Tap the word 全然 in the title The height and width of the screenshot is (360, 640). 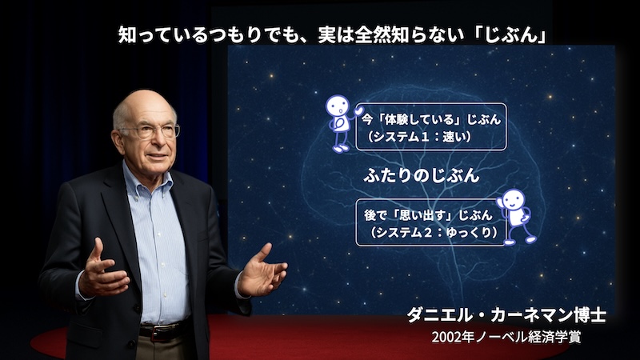click(373, 34)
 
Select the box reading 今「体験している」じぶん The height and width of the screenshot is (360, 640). click(431, 126)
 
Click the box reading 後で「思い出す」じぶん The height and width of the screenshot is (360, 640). click(431, 222)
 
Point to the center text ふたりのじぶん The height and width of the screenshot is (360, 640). click(422, 175)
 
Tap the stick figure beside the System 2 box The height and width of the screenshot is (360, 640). click(516, 217)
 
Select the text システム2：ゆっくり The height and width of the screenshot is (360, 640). click(433, 232)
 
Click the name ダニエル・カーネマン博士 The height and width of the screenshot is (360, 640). click(506, 314)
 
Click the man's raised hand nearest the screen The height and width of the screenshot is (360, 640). click(262, 271)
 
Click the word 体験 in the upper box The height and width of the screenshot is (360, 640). click(397, 119)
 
